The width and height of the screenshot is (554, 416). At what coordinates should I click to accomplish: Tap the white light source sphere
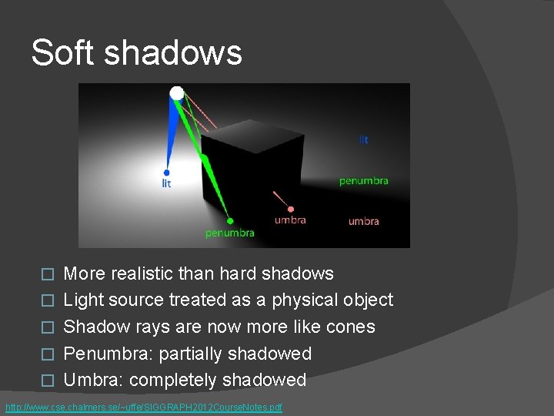click(177, 93)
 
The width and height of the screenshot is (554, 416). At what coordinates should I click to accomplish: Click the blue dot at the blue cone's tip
click(166, 172)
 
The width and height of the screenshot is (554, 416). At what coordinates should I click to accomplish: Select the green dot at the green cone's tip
click(230, 221)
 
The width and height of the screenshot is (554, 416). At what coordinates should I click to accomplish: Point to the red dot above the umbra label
click(290, 208)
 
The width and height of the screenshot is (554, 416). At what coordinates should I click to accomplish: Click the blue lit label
click(363, 139)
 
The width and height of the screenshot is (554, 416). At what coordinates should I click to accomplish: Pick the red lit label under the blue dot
click(166, 183)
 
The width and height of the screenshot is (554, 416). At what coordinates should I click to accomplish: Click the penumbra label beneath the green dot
click(229, 233)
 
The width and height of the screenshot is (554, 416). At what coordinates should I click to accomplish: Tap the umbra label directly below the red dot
click(290, 220)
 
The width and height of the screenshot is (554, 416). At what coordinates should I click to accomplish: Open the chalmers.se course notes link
click(144, 406)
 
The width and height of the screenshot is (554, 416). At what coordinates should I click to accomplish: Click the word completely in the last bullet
click(173, 380)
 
